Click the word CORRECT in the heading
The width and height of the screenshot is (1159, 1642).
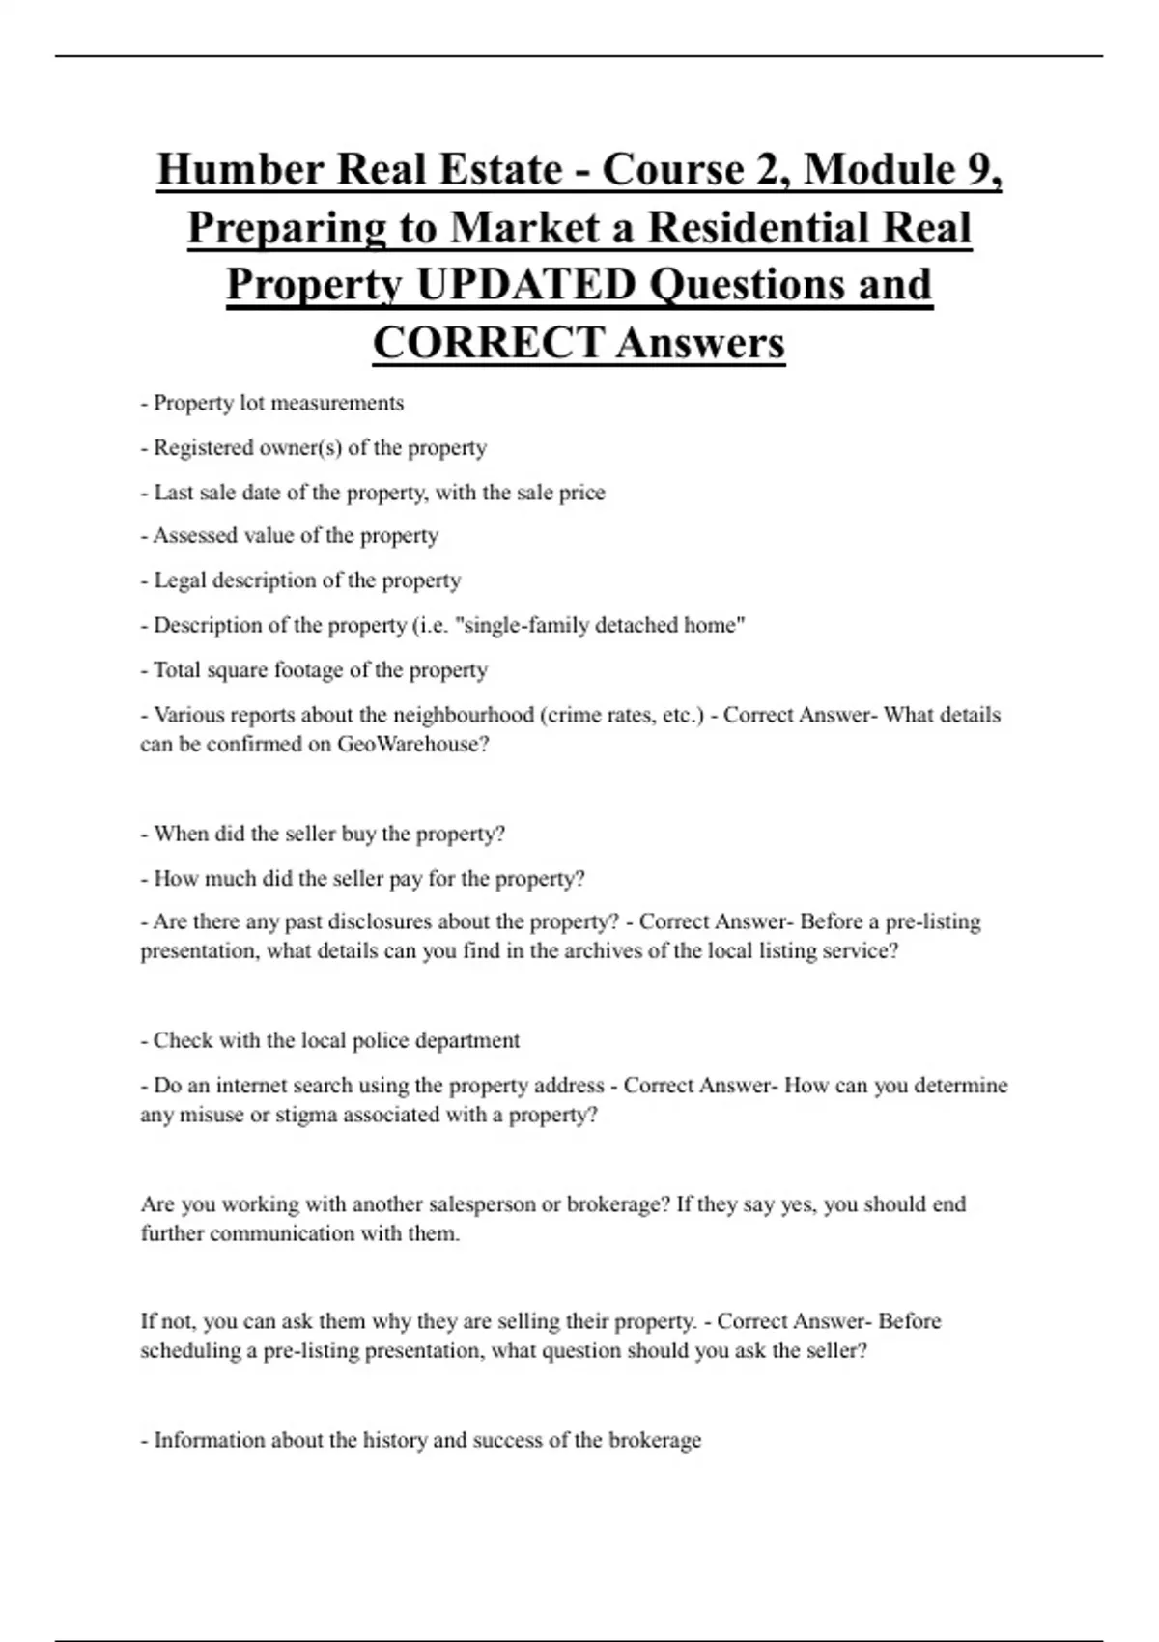coord(488,343)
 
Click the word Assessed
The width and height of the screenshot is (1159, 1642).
coord(198,536)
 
